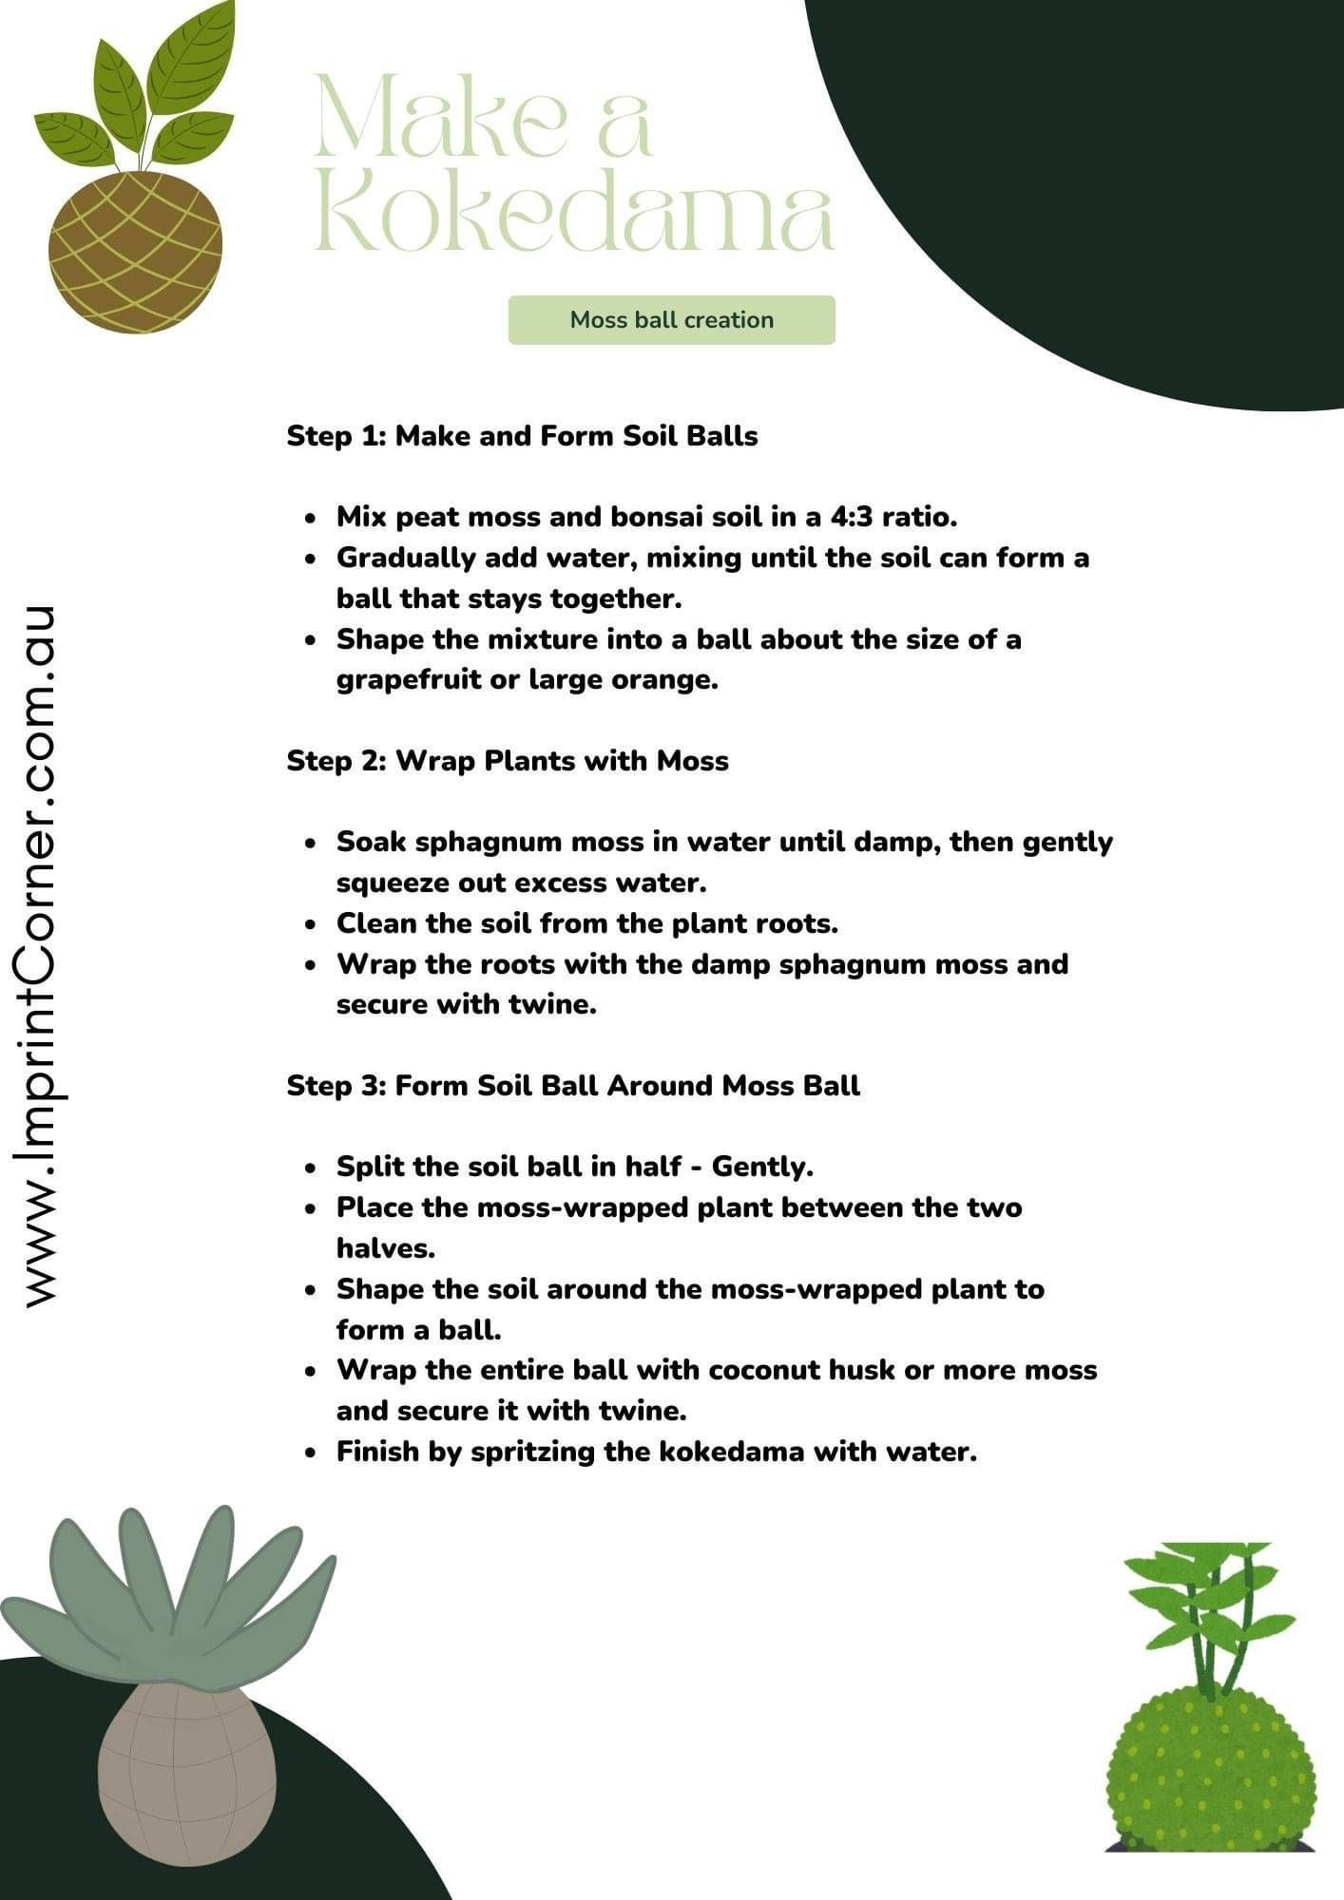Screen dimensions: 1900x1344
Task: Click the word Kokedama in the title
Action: pyautogui.click(x=574, y=217)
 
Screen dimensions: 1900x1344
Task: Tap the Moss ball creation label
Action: pyautogui.click(x=671, y=320)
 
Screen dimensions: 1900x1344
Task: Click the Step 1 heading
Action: pyautogui.click(x=522, y=436)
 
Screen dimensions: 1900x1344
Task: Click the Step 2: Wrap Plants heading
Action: pyautogui.click(x=508, y=761)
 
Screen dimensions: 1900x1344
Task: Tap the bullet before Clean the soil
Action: pyautogui.click(x=311, y=924)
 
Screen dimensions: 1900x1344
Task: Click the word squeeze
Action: pyautogui.click(x=393, y=883)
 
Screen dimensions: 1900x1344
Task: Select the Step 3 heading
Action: pyautogui.click(x=573, y=1086)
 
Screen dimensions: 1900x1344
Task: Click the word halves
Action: pyautogui.click(x=385, y=1248)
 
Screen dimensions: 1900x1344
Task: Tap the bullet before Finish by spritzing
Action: pyautogui.click(x=311, y=1453)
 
